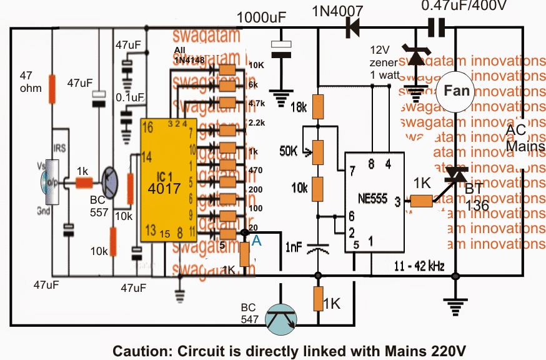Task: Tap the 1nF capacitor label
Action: [x=294, y=246]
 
